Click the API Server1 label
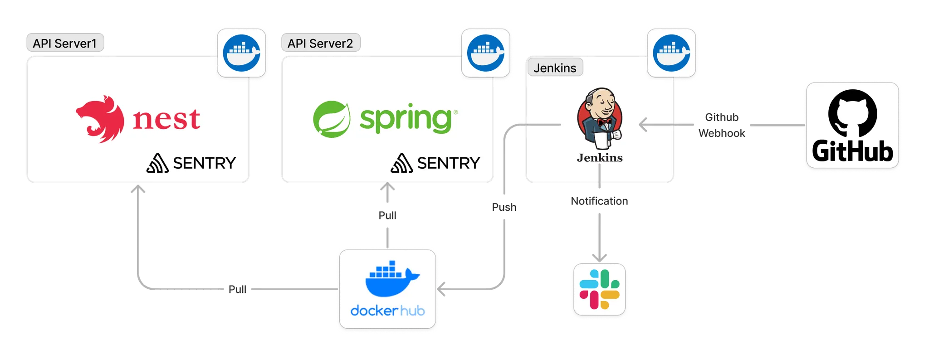(x=65, y=44)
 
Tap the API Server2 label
(x=320, y=44)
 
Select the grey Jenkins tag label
(x=555, y=68)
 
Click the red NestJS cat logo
(x=100, y=119)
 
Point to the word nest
(x=166, y=120)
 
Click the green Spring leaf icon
(x=332, y=119)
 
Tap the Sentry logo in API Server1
(x=191, y=163)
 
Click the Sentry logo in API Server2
(x=435, y=163)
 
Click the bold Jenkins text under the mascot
(x=600, y=158)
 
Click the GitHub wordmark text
(x=852, y=151)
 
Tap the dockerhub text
(x=388, y=311)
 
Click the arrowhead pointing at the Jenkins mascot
(x=643, y=124)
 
